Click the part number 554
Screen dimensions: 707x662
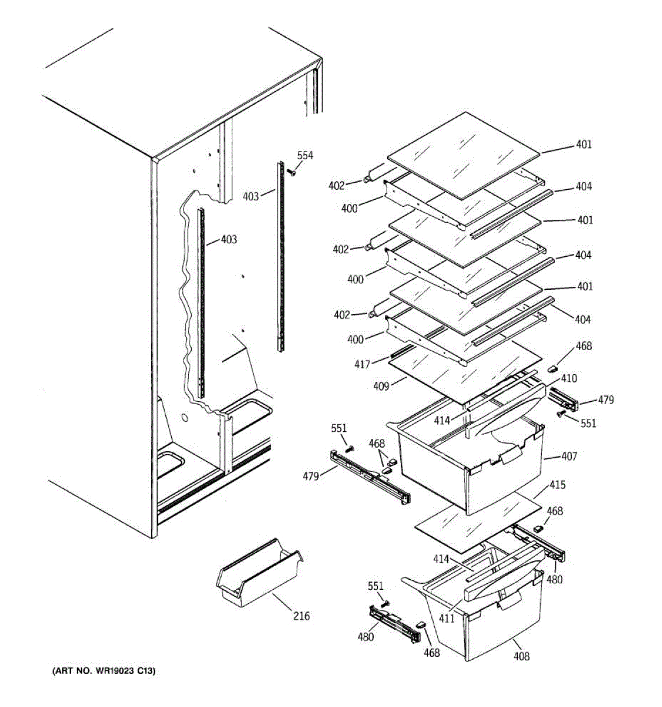[x=305, y=156]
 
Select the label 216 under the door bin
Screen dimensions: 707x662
[x=301, y=616]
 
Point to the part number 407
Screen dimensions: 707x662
[x=569, y=456]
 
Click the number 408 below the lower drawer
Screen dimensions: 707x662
[x=521, y=656]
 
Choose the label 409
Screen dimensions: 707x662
[x=381, y=387]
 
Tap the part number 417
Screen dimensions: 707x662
[x=362, y=365]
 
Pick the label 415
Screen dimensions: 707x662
[x=557, y=485]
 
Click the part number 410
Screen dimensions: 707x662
[x=569, y=378]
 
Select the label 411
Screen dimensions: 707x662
[x=447, y=619]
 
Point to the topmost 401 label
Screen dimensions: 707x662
[x=584, y=144]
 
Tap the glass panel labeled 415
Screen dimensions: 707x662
[x=477, y=521]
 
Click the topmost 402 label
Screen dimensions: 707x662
[x=337, y=186]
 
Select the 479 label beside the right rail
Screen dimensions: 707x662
[x=606, y=400]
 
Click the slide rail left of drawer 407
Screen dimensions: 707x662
[x=369, y=477]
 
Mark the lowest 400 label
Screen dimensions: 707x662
[x=355, y=339]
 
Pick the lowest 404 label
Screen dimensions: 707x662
[x=583, y=319]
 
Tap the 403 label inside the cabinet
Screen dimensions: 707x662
[x=229, y=240]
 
